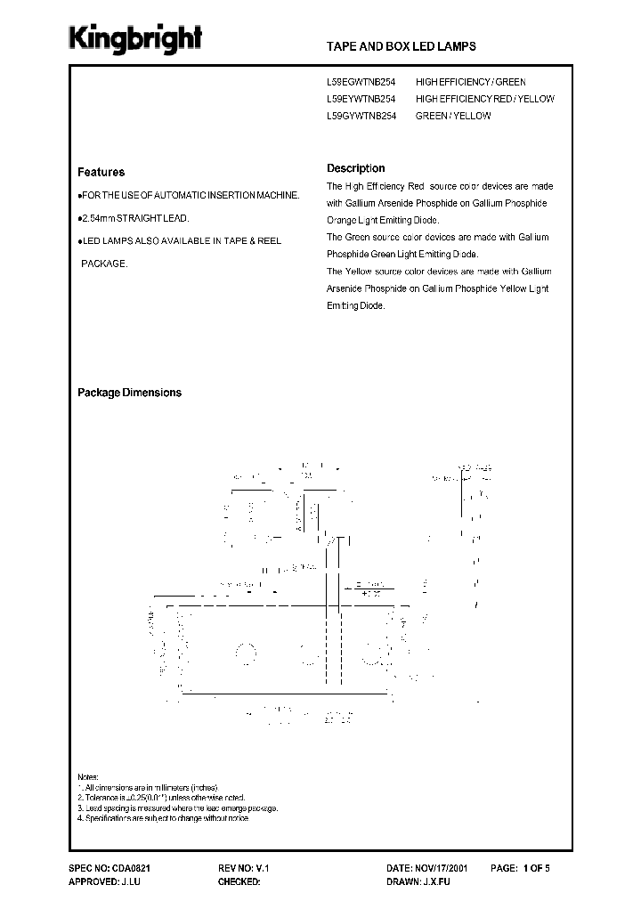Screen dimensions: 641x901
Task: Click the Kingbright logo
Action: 136,38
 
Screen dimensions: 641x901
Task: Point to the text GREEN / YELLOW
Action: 453,116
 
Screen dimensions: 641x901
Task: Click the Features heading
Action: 101,172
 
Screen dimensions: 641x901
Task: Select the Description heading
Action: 355,167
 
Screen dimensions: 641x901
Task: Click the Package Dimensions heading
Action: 129,393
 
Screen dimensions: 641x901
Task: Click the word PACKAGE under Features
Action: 104,264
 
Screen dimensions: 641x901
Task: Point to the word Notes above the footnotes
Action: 88,777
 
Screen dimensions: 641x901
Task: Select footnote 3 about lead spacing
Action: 178,808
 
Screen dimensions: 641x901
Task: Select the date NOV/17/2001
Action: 455,866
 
